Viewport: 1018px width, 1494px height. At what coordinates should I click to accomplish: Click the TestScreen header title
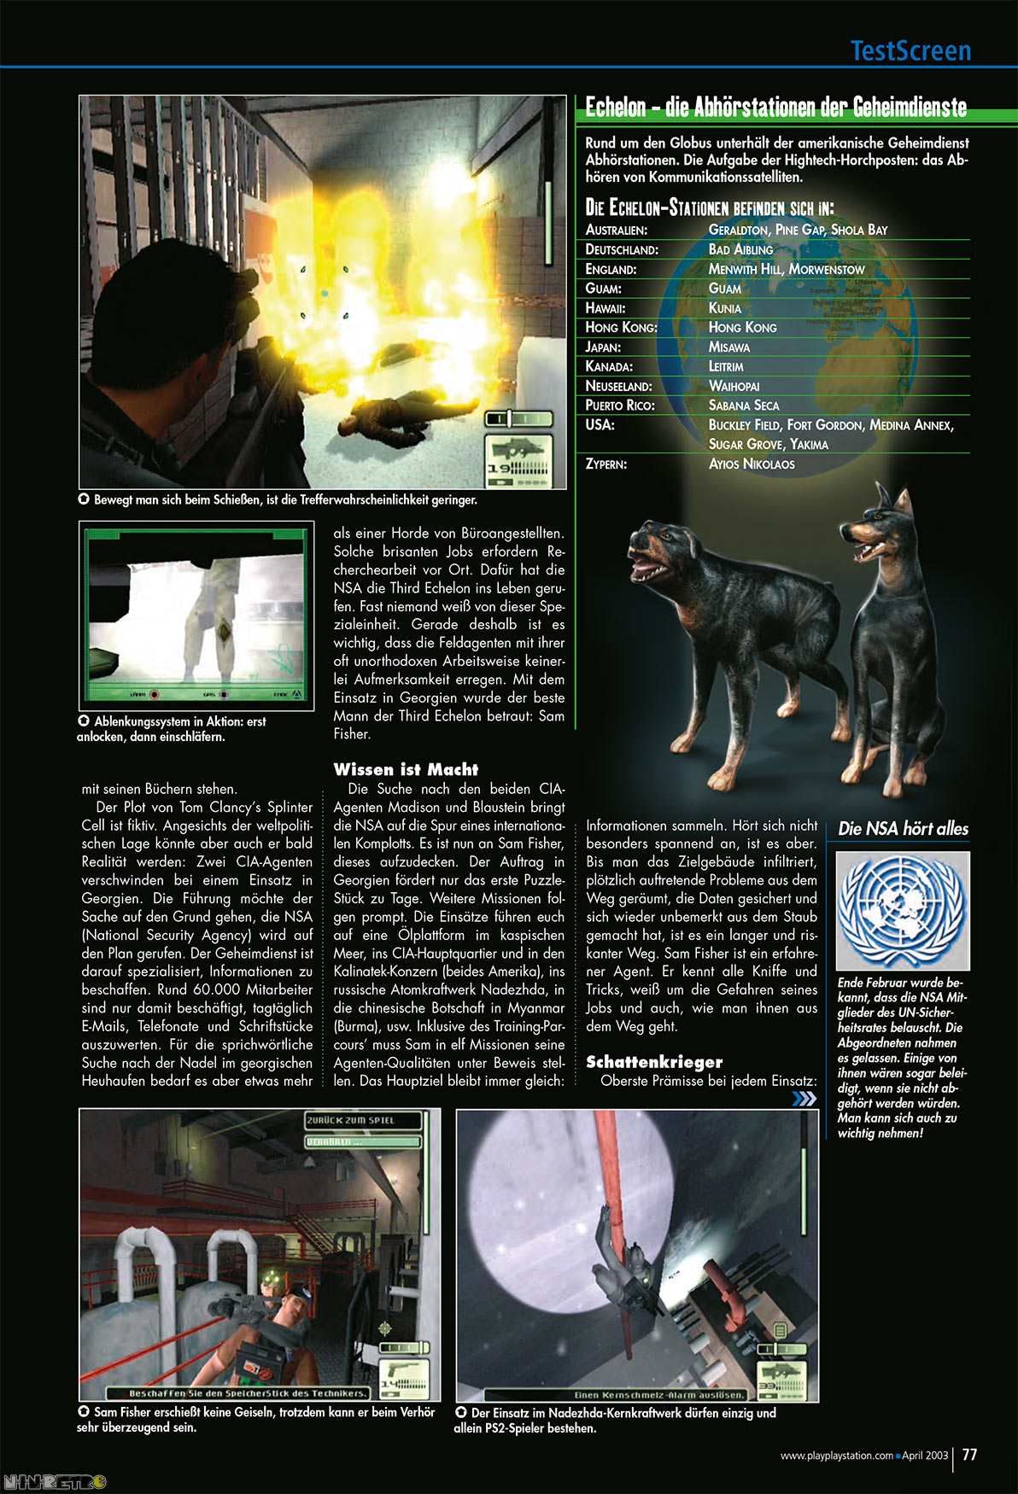(x=910, y=51)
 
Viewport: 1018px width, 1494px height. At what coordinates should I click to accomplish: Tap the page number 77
(x=969, y=1455)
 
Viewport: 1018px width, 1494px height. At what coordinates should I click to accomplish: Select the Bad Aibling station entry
(x=740, y=249)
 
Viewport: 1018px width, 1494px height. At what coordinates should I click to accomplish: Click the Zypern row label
(x=606, y=464)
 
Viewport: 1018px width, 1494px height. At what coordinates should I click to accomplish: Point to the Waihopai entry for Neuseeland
(x=734, y=386)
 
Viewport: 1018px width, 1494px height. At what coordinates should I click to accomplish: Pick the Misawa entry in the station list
(x=728, y=347)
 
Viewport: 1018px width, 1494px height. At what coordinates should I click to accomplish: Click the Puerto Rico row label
(x=620, y=406)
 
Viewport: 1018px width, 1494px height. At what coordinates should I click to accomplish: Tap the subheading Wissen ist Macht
(x=406, y=769)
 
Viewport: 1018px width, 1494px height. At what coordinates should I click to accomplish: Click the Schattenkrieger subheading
(x=654, y=1062)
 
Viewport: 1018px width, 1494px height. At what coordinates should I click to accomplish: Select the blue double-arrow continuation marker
(x=804, y=1099)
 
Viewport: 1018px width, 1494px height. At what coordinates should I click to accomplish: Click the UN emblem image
(x=903, y=910)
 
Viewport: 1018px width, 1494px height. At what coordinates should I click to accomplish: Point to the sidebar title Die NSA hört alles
(x=903, y=828)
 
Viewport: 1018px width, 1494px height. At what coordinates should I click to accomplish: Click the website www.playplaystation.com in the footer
(x=836, y=1456)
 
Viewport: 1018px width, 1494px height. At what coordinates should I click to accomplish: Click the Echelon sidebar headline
(x=775, y=108)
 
